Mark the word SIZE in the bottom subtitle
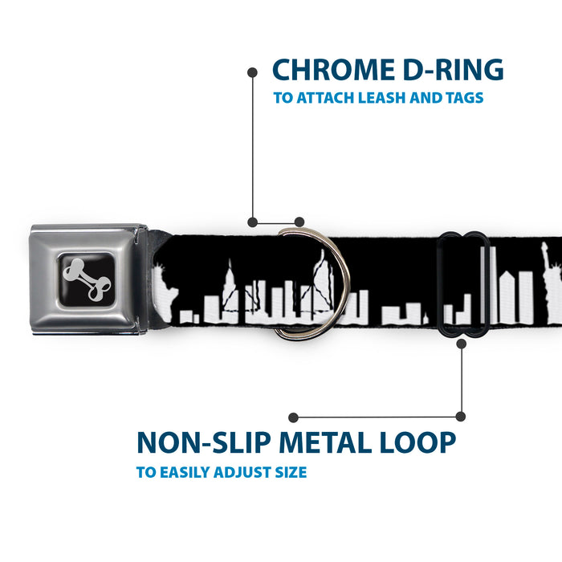(x=287, y=472)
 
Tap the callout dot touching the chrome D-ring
(x=299, y=222)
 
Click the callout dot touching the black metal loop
(x=462, y=344)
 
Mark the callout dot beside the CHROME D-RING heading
(x=252, y=72)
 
